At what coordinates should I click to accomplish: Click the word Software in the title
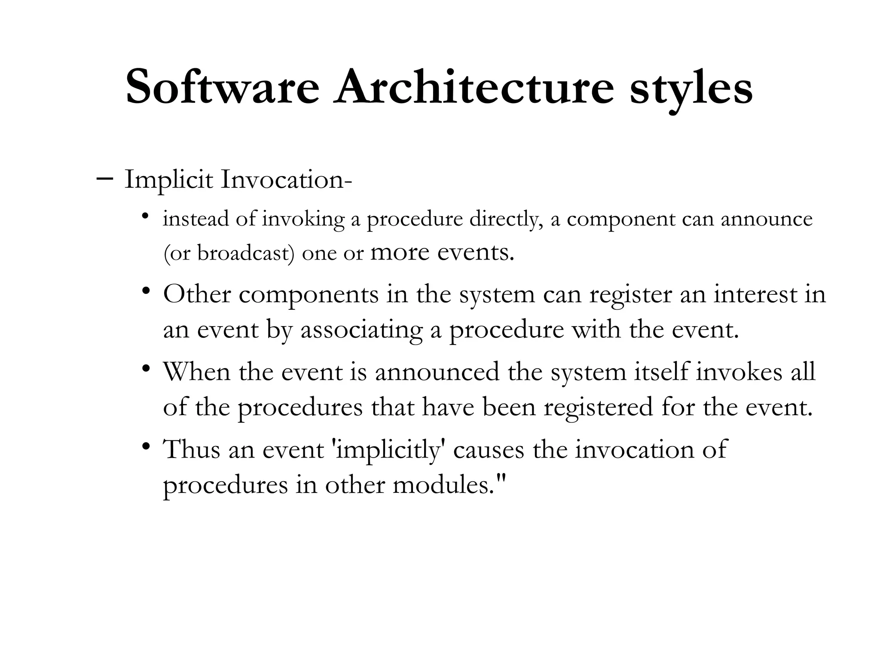click(x=223, y=87)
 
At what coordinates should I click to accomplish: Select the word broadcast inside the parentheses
click(x=245, y=253)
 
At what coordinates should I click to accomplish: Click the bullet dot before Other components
click(x=146, y=291)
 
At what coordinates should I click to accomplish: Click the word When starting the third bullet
click(x=197, y=372)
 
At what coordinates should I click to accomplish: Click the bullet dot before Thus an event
click(x=146, y=446)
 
